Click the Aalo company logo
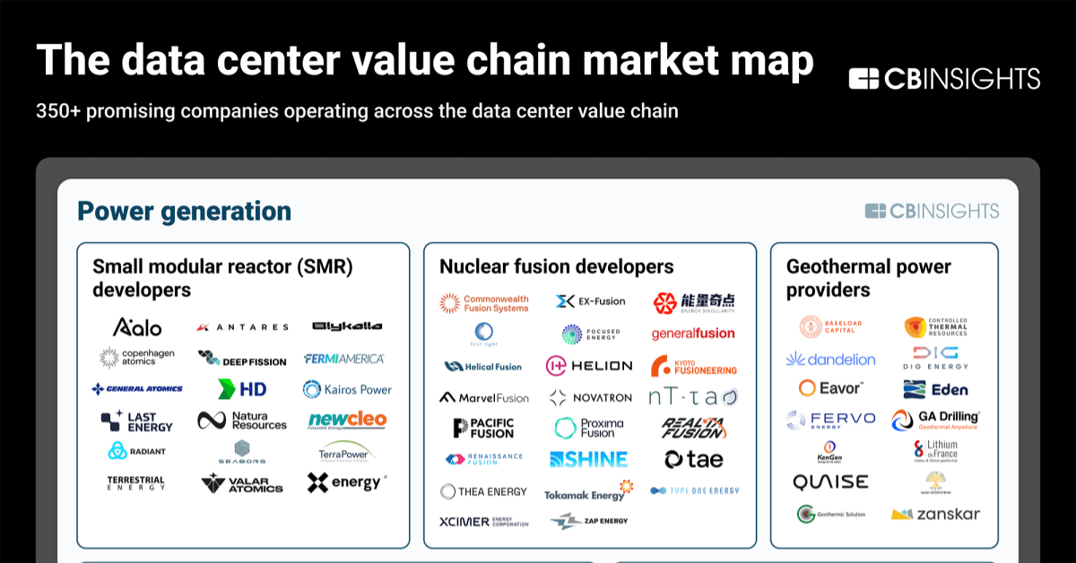tap(137, 326)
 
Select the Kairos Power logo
tap(347, 389)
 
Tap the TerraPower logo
tap(345, 451)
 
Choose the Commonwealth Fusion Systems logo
tap(484, 303)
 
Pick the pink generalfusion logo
tap(693, 333)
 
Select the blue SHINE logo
tap(588, 459)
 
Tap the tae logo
tap(693, 459)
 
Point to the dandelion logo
tap(830, 359)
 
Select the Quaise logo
tap(830, 482)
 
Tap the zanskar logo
tap(935, 514)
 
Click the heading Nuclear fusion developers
tap(556, 266)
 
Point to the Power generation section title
tap(184, 211)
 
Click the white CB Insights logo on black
tap(944, 78)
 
